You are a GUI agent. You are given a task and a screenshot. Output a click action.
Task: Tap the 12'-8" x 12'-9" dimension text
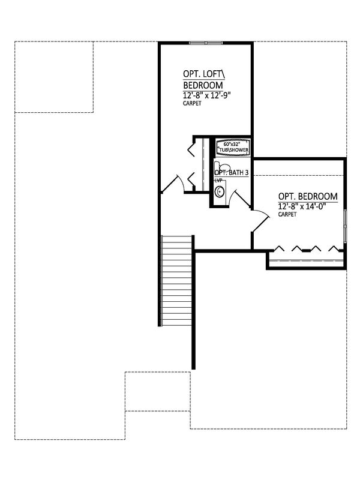pos(206,95)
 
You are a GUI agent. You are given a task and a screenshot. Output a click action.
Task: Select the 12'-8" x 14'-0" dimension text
pos(302,206)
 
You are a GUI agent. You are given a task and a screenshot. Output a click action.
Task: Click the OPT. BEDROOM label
pos(308,196)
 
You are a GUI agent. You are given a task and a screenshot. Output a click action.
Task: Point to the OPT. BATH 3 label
pos(232,173)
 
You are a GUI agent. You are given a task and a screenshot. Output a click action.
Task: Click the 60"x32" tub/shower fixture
pos(233,147)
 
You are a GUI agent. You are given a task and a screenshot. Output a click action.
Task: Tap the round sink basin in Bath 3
pos(220,191)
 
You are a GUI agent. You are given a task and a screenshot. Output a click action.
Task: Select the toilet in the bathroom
pos(220,167)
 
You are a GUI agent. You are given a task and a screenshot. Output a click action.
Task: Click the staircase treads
pos(176,280)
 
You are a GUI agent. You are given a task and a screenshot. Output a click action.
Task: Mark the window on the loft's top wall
pos(206,43)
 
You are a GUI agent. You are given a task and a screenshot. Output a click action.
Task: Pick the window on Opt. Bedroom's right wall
pos(344,226)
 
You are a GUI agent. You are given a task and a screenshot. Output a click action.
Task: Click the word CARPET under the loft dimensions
pos(192,103)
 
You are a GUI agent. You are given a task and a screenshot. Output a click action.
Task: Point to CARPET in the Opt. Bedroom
pos(287,215)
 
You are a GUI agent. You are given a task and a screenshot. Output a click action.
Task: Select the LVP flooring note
pos(218,181)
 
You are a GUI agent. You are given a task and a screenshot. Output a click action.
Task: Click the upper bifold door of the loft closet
pos(191,147)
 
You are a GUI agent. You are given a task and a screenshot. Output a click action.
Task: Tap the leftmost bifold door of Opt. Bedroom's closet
pos(279,248)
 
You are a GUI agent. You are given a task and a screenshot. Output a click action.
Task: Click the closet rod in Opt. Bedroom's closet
pos(307,260)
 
